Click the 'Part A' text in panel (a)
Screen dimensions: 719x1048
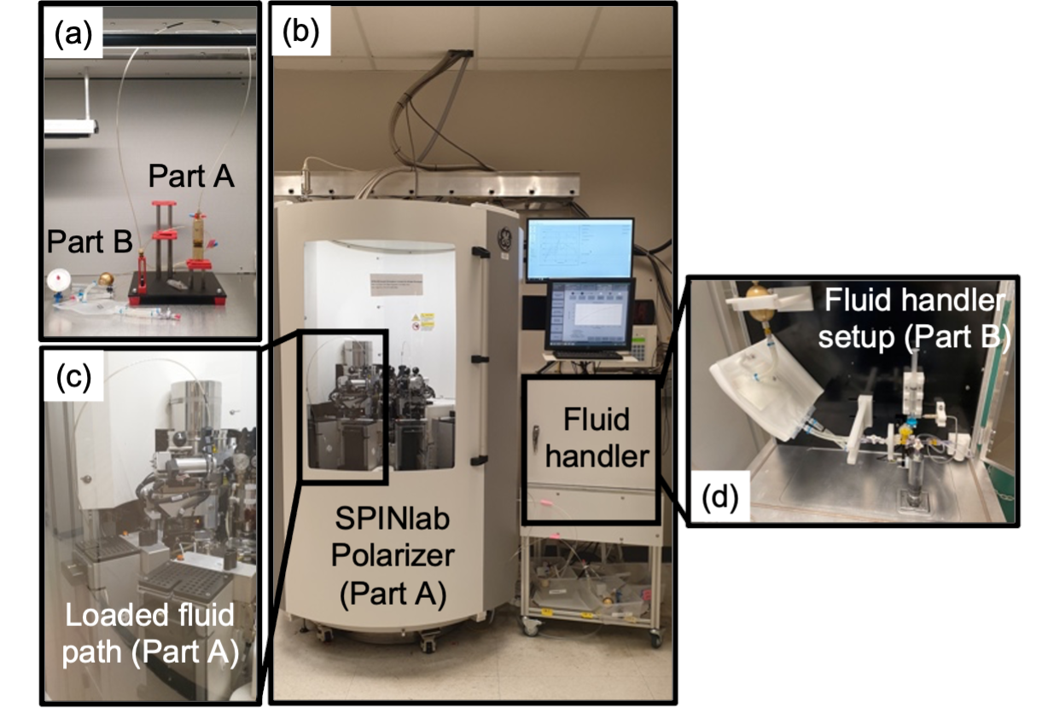[x=190, y=177]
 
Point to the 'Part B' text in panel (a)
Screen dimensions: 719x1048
[x=89, y=241]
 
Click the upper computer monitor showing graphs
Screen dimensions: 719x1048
[x=579, y=249]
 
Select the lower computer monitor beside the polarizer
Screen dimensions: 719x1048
[x=590, y=316]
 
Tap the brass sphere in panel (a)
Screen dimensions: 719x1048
[x=107, y=280]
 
